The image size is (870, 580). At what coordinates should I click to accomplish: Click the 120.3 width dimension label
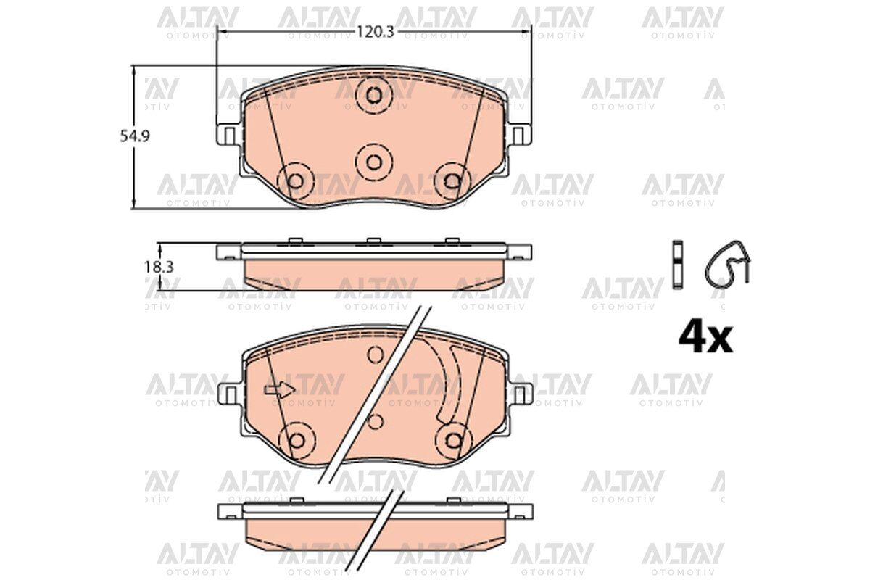[x=376, y=32]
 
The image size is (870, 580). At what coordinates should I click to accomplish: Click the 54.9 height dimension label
[x=135, y=137]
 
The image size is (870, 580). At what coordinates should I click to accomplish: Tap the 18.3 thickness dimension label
[x=159, y=268]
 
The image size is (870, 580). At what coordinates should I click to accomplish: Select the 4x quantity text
[x=705, y=339]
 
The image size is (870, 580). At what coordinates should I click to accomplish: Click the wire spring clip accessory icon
[x=727, y=264]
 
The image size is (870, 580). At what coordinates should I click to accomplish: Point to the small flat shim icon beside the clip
[x=678, y=265]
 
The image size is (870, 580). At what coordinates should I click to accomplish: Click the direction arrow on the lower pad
[x=280, y=389]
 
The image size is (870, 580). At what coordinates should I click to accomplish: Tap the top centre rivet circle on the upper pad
[x=374, y=95]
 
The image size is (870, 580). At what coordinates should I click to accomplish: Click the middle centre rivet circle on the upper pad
[x=374, y=162]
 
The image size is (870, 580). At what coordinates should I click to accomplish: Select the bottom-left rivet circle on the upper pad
[x=296, y=181]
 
